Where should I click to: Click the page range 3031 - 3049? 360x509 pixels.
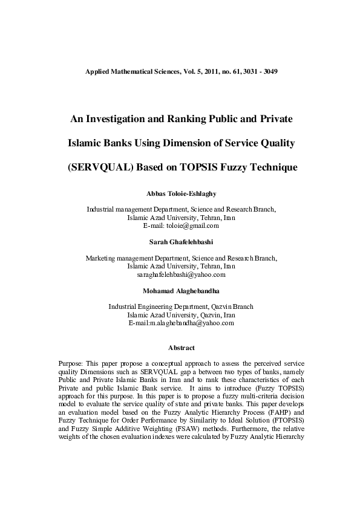[258, 71]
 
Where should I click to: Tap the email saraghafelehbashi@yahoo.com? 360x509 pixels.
[181, 274]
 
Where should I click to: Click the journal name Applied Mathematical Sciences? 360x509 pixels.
[127, 71]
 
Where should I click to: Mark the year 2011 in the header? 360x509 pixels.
[203, 71]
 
